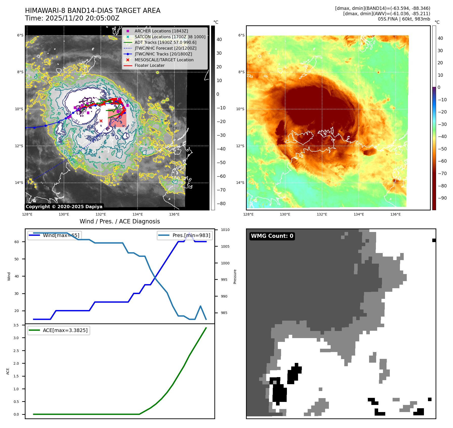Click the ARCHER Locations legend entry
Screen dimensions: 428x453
tap(161, 31)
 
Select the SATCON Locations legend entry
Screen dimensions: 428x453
tap(170, 37)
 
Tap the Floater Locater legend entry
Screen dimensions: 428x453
tap(149, 66)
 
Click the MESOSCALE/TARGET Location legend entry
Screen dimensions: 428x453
tap(164, 60)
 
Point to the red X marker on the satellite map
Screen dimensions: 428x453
tap(101, 121)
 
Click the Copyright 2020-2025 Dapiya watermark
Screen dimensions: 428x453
tap(64, 207)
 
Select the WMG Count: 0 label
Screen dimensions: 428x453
tap(272, 236)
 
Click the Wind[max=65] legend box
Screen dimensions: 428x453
tap(55, 235)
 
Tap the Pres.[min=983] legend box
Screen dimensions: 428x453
tap(185, 235)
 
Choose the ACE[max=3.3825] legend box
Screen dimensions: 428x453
tap(59, 330)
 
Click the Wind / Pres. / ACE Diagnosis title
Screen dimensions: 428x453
tap(120, 221)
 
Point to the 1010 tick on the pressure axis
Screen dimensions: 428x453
tap(225, 230)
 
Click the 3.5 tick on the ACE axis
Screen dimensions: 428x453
tap(16, 325)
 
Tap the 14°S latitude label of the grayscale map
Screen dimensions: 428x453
tap(19, 183)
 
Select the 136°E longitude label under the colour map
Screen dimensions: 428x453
tap(395, 214)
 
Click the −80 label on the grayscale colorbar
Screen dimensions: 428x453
tap(221, 204)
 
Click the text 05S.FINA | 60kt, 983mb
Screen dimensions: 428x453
tap(404, 19)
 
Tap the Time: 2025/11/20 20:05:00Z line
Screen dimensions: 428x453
tap(72, 18)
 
